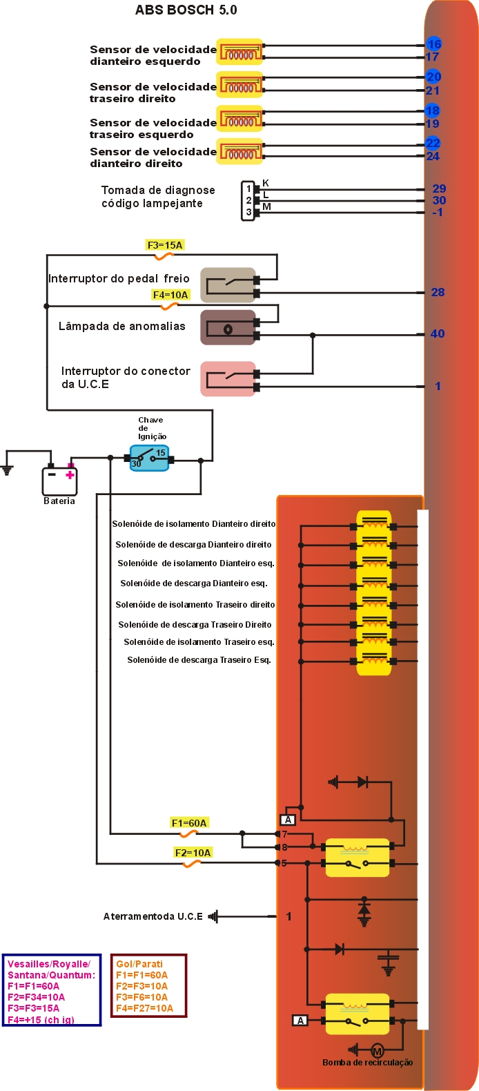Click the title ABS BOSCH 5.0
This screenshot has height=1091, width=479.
(x=186, y=10)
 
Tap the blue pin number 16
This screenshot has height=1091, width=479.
(x=433, y=44)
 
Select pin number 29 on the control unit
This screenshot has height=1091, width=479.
(x=439, y=189)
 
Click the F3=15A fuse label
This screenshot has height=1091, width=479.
(x=165, y=245)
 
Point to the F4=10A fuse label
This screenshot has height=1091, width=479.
(x=170, y=295)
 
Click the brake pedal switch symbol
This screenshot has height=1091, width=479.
(x=228, y=285)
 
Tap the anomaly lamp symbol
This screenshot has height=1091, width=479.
(x=228, y=328)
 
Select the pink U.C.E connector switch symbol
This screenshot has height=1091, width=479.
(x=228, y=379)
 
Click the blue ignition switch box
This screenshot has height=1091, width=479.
(x=150, y=458)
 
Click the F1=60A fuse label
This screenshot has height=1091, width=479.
(x=189, y=823)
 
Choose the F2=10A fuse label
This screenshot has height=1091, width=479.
(x=193, y=853)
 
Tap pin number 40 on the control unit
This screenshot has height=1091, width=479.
(x=438, y=334)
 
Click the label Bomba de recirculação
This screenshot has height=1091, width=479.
(x=367, y=1063)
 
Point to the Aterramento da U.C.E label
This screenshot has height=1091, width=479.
(x=153, y=916)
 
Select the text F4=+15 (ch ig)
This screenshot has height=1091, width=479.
(x=41, y=1020)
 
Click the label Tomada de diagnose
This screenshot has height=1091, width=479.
(x=158, y=190)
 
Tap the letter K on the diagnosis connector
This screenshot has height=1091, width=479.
(x=266, y=183)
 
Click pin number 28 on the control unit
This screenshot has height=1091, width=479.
(x=438, y=292)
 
